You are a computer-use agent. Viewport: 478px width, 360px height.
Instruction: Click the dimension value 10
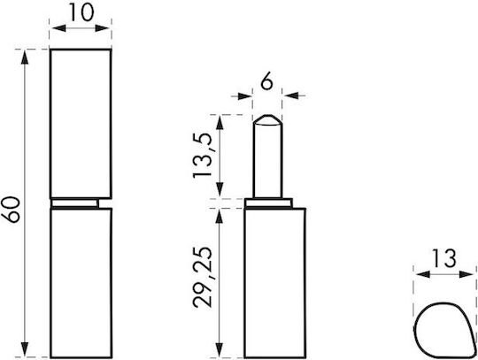(x=81, y=12)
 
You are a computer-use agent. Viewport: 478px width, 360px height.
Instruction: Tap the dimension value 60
(x=11, y=211)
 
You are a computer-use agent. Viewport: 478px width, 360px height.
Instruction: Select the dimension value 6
(x=267, y=82)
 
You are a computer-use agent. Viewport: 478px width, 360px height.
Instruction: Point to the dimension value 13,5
(x=202, y=156)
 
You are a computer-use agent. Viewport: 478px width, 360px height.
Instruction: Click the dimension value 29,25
(x=202, y=277)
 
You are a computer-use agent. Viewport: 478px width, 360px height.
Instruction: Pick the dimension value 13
(x=444, y=258)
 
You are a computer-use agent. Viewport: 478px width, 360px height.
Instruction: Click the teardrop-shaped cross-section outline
(x=415, y=330)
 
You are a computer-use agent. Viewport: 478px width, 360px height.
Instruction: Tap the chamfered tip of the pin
(x=268, y=120)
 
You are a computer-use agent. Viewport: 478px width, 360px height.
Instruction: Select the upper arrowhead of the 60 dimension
(x=25, y=57)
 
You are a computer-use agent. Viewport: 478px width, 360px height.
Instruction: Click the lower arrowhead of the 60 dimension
(x=25, y=349)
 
